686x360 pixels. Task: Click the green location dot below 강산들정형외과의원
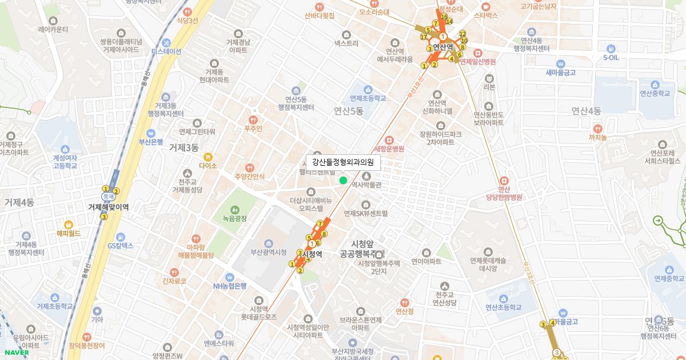(343, 180)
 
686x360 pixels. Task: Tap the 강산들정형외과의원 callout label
(343, 162)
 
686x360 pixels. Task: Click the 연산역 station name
(442, 47)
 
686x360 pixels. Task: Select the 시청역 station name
(312, 254)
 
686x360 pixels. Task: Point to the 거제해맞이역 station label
(108, 207)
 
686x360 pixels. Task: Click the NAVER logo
(16, 352)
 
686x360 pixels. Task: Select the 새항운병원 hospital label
(389, 149)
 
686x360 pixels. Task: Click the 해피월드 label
(69, 233)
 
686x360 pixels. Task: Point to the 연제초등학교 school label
(368, 98)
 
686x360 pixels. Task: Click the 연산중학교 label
(655, 93)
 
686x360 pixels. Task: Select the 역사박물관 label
(366, 185)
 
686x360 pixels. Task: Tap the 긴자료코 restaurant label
(174, 281)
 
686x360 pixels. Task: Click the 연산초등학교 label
(504, 307)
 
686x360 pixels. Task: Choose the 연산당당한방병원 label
(504, 197)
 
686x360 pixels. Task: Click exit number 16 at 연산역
(444, 17)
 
